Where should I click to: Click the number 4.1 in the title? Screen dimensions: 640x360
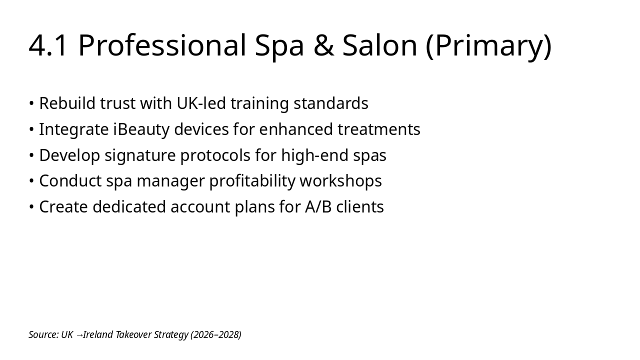(x=47, y=45)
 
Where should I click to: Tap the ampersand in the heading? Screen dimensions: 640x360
(x=323, y=45)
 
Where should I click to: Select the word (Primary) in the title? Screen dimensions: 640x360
(x=489, y=46)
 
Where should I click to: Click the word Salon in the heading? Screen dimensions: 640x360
(x=380, y=45)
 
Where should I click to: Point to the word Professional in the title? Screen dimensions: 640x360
(x=162, y=45)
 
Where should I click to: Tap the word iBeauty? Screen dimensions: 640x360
(x=141, y=129)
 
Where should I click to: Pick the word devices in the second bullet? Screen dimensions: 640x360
(x=201, y=129)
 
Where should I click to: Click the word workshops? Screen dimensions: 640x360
(x=340, y=181)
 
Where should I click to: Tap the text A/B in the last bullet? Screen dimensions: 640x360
(x=318, y=207)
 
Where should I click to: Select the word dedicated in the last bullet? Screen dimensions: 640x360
(x=129, y=207)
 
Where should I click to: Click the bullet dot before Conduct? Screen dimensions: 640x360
(x=31, y=181)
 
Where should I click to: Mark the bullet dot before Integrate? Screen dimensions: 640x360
(x=31, y=129)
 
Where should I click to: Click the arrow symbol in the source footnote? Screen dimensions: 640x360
(x=79, y=335)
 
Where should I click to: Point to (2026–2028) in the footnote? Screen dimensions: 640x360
(x=215, y=335)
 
